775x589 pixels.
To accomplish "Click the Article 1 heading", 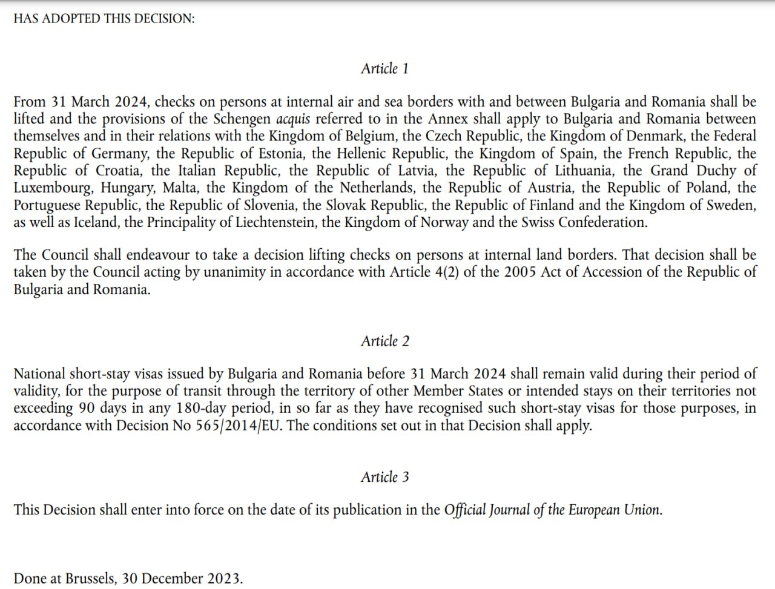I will coord(384,68).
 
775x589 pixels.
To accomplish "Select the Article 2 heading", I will coord(384,341).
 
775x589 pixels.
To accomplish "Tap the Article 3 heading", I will coord(384,477).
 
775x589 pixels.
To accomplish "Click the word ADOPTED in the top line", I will coord(68,18).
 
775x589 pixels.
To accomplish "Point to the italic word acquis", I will coord(293,119).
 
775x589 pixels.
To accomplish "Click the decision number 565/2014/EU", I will coord(239,426).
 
